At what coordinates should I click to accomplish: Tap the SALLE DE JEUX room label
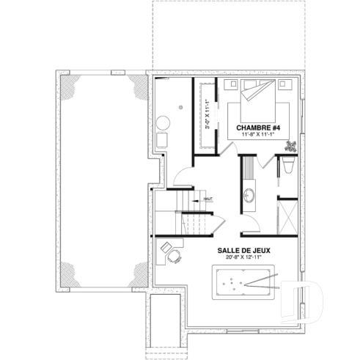[x=243, y=250]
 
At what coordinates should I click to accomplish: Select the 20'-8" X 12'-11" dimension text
[x=243, y=258]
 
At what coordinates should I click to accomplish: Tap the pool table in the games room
[x=243, y=283]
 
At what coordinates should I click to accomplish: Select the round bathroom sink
[x=249, y=196]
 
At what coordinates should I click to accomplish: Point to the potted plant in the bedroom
[x=290, y=146]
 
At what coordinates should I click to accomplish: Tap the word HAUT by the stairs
[x=207, y=196]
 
